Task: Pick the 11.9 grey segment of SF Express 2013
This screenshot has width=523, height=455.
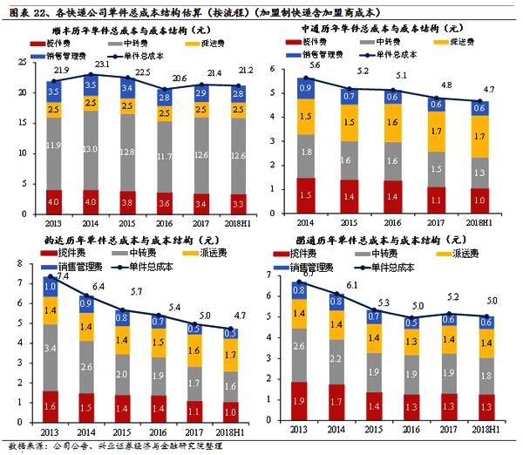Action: (x=54, y=145)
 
